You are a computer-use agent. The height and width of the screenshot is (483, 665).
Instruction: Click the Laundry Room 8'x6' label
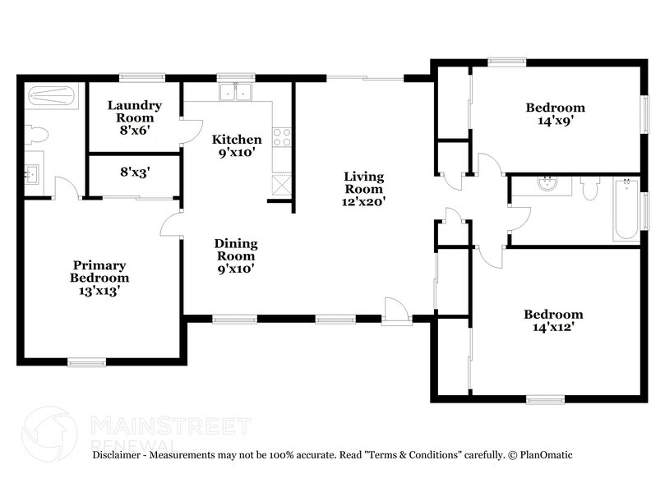(x=134, y=117)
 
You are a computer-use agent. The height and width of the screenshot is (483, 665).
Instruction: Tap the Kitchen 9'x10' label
(x=237, y=145)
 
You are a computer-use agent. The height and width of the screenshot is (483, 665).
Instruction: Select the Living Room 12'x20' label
(x=363, y=188)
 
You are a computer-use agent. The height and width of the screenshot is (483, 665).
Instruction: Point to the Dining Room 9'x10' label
(x=236, y=255)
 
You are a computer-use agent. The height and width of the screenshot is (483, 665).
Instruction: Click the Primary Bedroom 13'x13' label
(x=99, y=277)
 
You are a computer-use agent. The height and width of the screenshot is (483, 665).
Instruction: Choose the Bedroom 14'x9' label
(x=556, y=113)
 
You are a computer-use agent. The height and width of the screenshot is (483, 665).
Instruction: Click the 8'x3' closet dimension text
(x=135, y=172)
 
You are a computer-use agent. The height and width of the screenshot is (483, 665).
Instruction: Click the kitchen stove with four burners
(x=282, y=136)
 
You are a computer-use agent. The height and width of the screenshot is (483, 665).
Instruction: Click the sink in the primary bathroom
(x=34, y=174)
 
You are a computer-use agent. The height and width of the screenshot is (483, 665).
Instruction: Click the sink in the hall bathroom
(x=549, y=185)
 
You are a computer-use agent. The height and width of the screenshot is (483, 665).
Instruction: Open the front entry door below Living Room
(x=396, y=311)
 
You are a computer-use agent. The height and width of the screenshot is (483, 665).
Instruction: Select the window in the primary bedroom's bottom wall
(x=86, y=361)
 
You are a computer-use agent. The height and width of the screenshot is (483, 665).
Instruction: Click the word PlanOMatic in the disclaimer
(x=545, y=454)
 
